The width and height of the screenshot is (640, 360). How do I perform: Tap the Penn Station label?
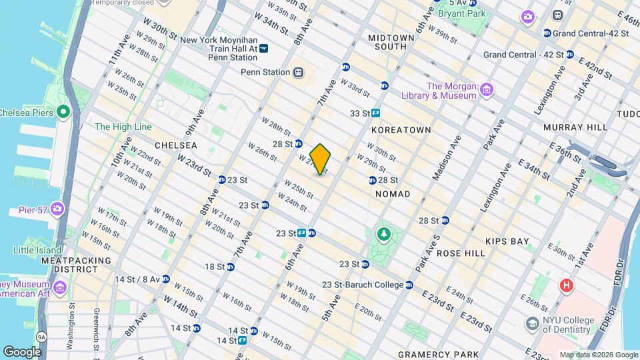266,72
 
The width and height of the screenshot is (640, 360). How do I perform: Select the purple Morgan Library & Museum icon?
487,90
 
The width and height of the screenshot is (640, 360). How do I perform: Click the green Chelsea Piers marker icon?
63,112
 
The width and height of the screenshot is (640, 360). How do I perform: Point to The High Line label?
123,127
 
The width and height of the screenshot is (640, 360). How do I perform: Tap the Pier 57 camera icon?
57,209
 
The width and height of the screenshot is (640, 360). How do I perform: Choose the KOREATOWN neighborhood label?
401,129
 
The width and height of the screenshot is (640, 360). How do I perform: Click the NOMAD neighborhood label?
393,193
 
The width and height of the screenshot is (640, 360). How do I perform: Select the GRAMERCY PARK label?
438,354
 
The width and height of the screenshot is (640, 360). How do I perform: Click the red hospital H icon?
567,285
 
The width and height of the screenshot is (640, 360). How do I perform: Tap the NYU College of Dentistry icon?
532,323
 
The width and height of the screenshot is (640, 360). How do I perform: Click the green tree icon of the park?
383,233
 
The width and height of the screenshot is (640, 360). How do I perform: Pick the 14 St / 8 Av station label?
137,279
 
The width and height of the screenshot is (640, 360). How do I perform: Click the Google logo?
23,351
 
